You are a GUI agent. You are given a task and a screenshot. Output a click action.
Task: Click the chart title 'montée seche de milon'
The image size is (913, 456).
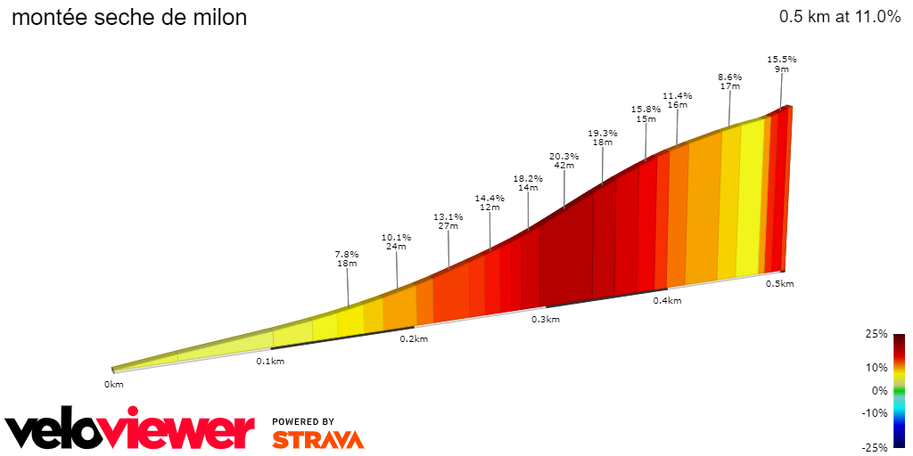coord(128,18)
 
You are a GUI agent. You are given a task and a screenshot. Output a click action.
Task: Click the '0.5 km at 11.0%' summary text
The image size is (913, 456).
coord(839,17)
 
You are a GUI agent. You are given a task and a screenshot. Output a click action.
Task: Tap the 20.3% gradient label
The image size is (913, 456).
coord(563,157)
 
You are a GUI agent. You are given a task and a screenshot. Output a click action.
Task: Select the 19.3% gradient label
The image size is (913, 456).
coord(603,134)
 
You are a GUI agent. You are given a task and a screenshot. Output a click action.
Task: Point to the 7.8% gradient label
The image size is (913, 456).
coord(347,254)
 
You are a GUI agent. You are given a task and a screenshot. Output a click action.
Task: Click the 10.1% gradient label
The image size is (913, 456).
coord(396,238)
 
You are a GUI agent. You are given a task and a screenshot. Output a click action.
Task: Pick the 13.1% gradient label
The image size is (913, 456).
coord(448,216)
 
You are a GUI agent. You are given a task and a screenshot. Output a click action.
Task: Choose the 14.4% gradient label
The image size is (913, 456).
coord(489,198)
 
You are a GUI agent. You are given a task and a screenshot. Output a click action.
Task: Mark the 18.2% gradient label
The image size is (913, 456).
coord(528,178)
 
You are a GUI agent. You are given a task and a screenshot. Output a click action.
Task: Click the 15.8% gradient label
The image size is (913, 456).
coord(646,110)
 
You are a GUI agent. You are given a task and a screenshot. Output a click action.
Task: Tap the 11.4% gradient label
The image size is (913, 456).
coord(677,96)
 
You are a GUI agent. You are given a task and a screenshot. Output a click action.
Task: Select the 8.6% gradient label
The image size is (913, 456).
coord(729,77)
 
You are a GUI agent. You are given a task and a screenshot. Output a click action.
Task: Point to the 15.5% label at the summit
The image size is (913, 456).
coord(782,60)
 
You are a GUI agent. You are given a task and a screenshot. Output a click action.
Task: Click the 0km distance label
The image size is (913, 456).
coord(113,384)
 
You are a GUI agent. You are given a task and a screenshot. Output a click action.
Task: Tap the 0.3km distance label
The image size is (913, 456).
coord(546,320)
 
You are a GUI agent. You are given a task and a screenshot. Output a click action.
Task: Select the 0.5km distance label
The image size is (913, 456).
coord(779,283)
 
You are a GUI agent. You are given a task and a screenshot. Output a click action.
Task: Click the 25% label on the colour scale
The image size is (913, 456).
coord(877,334)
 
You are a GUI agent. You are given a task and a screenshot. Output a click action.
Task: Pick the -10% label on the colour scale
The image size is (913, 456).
coord(876,412)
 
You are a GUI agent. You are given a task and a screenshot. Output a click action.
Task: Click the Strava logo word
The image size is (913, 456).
coord(317,440)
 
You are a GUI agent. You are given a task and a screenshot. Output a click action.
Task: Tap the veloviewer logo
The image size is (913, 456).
coord(130,431)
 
